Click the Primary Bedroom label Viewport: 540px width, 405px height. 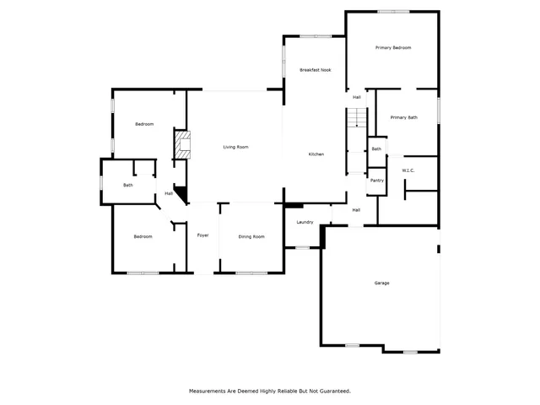pyautogui.click(x=392, y=48)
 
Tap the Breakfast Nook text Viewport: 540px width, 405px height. pyautogui.click(x=315, y=69)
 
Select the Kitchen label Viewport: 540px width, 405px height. pyautogui.click(x=316, y=154)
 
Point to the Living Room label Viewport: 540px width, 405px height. pyautogui.click(x=235, y=148)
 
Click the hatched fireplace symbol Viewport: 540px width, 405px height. pyautogui.click(x=181, y=145)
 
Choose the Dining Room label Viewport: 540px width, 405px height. pyautogui.click(x=251, y=237)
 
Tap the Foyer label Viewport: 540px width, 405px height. pyautogui.click(x=202, y=235)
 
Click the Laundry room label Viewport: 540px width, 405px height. pyautogui.click(x=305, y=223)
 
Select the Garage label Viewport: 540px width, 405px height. pyautogui.click(x=381, y=283)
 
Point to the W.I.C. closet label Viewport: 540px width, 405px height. pyautogui.click(x=408, y=170)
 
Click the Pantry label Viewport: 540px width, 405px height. pyautogui.click(x=376, y=181)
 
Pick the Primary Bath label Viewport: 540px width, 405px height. pyautogui.click(x=402, y=117)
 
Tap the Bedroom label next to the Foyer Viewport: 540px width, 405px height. pyautogui.click(x=143, y=236)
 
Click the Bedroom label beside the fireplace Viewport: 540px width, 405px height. pyautogui.click(x=144, y=125)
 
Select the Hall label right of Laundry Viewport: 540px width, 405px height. pyautogui.click(x=356, y=210)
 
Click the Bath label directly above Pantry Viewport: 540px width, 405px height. pyautogui.click(x=376, y=149)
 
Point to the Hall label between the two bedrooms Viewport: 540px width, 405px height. pyautogui.click(x=169, y=194)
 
